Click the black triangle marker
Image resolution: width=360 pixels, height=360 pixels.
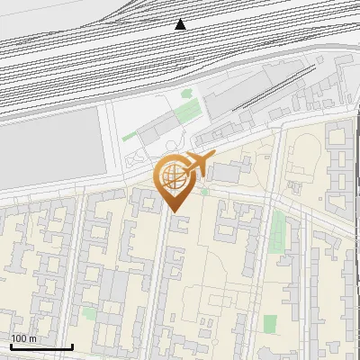(181, 24)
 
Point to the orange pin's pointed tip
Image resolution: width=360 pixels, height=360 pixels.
(175, 212)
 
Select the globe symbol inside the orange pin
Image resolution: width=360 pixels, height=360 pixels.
(173, 179)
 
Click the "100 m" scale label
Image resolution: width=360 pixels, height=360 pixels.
(24, 338)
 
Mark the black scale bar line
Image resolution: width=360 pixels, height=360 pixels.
(41, 346)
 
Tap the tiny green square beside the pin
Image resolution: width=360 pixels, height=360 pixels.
(205, 192)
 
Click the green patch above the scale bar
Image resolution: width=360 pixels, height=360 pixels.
(88, 313)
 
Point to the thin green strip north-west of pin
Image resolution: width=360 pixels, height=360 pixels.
(130, 136)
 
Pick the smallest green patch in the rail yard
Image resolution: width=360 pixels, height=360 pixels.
(186, 92)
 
